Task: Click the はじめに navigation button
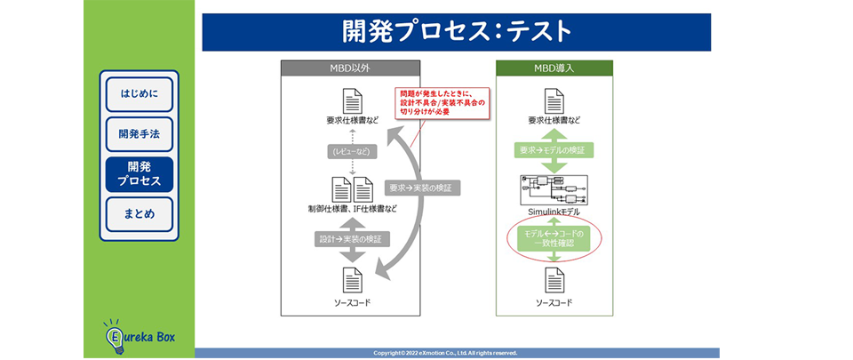coord(139,93)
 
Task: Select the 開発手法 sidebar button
coord(139,134)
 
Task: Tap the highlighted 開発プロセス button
coord(139,174)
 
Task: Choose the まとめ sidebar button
coord(139,214)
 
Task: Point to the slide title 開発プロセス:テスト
coord(457,31)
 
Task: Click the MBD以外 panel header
coord(350,68)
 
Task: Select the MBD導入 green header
coord(554,68)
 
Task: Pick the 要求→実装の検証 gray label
coord(420,188)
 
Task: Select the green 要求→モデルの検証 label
coord(554,151)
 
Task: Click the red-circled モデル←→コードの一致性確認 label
coord(554,239)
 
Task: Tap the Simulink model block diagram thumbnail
coord(554,189)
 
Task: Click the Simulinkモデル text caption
coord(554,212)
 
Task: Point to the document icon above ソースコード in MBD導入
coord(554,280)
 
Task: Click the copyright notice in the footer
coord(458,353)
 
